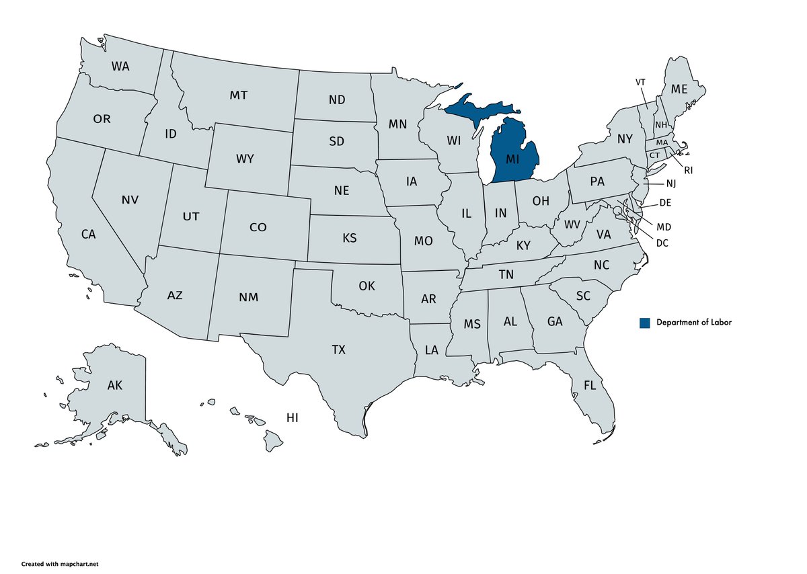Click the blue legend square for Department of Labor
click(645, 323)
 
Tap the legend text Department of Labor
click(693, 323)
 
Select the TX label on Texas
click(338, 350)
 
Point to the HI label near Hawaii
click(292, 417)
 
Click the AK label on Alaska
click(114, 386)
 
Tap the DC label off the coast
click(662, 243)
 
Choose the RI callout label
click(688, 171)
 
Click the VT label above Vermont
click(640, 82)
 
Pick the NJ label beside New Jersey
click(671, 183)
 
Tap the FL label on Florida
click(590, 386)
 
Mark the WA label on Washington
click(120, 66)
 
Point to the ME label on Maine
click(679, 89)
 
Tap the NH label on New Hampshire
click(661, 124)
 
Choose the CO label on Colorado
click(258, 227)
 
